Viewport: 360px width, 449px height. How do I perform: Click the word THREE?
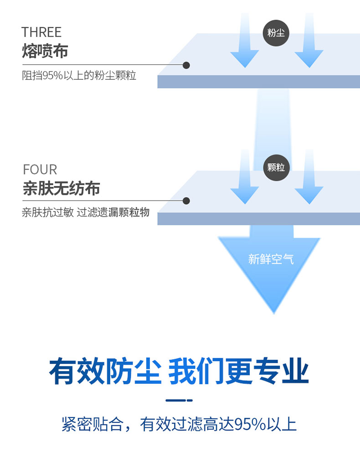click(41, 32)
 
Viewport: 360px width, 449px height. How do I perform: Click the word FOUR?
click(40, 170)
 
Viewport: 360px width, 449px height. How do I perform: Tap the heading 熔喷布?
click(45, 51)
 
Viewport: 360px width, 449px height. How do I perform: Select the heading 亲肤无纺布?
click(61, 188)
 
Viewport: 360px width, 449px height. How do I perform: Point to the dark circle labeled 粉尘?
click(276, 33)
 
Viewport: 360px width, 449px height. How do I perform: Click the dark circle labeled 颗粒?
click(276, 167)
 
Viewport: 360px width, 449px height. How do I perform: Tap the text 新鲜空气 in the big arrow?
click(271, 259)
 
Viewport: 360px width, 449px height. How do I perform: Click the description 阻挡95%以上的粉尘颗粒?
click(79, 75)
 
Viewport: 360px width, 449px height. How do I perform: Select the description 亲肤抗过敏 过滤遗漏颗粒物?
click(86, 212)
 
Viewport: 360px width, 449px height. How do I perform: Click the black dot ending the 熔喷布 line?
click(186, 65)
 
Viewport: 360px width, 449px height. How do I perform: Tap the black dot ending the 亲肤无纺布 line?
click(186, 201)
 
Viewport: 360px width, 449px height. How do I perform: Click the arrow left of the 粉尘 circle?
click(245, 40)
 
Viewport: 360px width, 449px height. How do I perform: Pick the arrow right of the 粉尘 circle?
click(309, 40)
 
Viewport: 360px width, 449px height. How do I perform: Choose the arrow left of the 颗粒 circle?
click(245, 177)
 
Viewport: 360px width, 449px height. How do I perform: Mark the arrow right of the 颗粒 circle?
click(309, 177)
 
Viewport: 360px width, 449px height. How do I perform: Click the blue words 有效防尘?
click(105, 371)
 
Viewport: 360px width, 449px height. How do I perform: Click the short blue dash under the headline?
click(179, 400)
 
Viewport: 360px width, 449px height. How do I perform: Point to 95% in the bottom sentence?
click(250, 424)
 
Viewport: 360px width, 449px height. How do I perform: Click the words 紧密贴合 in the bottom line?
click(93, 424)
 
